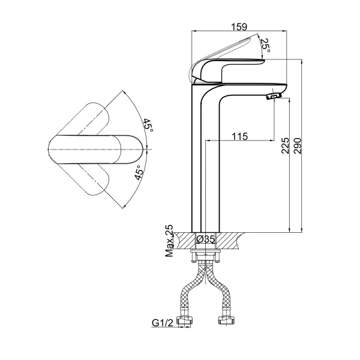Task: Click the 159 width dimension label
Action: pyautogui.click(x=239, y=26)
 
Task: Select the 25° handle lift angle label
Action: pyautogui.click(x=265, y=45)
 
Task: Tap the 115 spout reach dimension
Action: pyautogui.click(x=239, y=136)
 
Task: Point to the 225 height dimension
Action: pyautogui.click(x=284, y=146)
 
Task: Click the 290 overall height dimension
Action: pyautogui.click(x=297, y=146)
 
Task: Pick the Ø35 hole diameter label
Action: pyautogui.click(x=205, y=239)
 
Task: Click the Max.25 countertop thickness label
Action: pyautogui.click(x=169, y=241)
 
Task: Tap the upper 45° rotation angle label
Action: pyautogui.click(x=148, y=125)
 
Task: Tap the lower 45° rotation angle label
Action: pyautogui.click(x=139, y=172)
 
